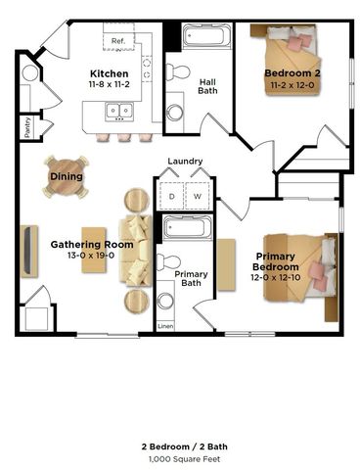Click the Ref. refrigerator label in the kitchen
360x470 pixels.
coord(118,41)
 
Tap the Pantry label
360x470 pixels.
coord(27,127)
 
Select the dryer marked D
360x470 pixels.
coord(171,196)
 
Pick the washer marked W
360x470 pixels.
coord(198,196)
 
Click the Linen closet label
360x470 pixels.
coord(165,326)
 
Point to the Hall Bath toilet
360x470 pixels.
coord(178,71)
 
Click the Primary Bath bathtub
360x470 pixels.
coord(185,227)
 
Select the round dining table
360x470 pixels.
coord(67,177)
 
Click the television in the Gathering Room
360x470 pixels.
coord(29,252)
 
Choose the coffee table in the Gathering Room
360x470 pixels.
coord(94,250)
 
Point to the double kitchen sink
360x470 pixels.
coord(119,111)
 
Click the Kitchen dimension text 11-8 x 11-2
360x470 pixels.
coord(110,84)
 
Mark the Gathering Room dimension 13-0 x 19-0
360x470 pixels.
coord(91,255)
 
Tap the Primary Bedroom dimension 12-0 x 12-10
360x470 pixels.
coord(276,277)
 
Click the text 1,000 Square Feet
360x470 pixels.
coord(185,459)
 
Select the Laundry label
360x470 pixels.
coord(185,161)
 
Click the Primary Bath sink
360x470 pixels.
coord(165,302)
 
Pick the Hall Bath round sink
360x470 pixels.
coord(175,112)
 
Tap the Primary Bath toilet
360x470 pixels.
coord(168,261)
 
